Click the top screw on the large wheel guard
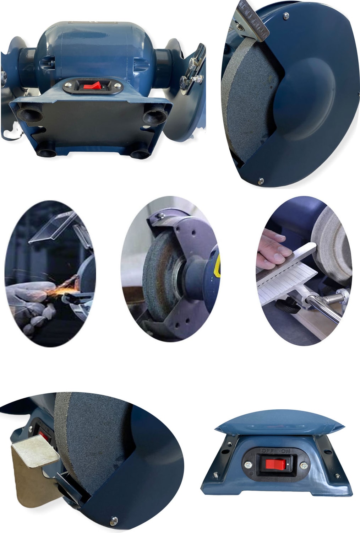pos(286,16)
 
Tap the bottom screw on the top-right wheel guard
pos(261,181)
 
